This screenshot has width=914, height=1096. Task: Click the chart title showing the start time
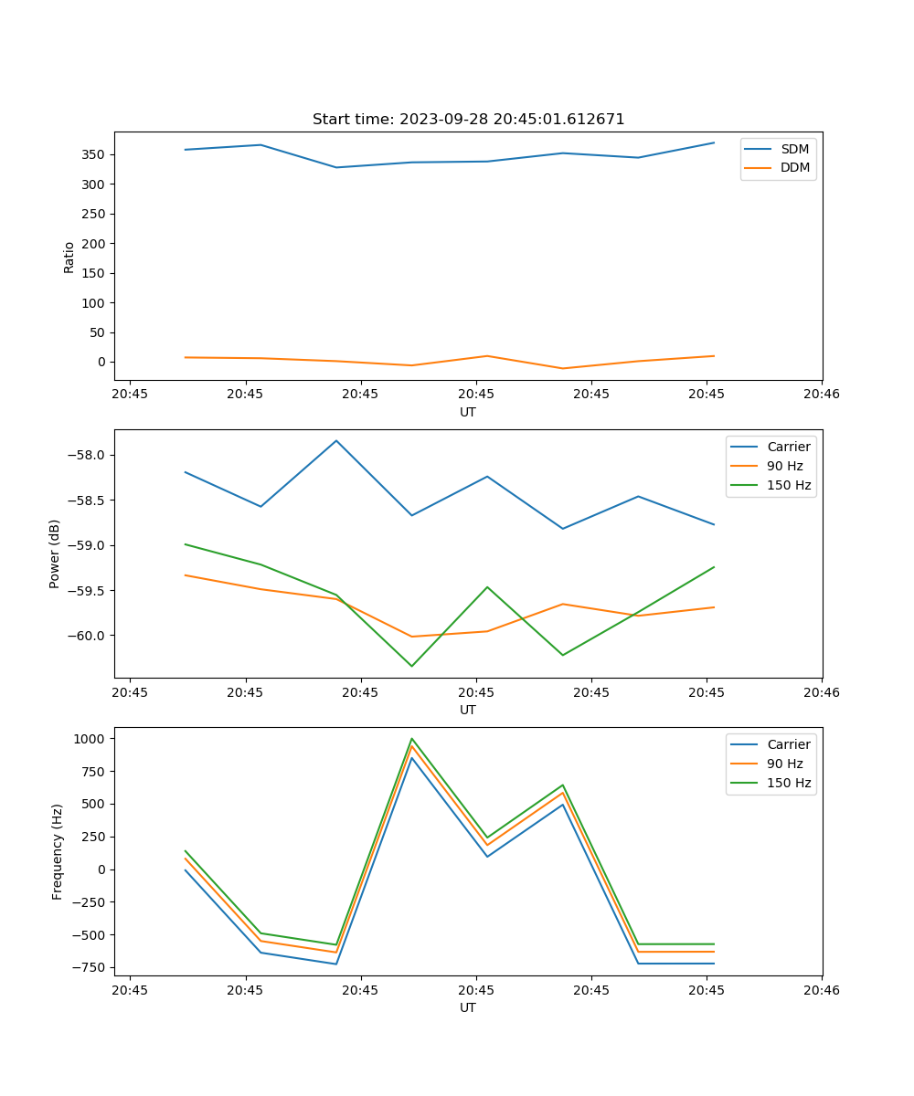468,120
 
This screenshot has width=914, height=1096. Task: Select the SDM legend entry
794,149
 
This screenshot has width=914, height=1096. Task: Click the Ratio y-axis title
69,257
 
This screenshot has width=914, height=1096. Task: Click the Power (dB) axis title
55,553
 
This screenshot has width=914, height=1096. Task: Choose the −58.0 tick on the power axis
88,456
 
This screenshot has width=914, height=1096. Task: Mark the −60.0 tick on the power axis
88,636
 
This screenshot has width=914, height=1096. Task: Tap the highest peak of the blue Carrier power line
336,441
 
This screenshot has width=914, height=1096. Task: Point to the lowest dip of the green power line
411,666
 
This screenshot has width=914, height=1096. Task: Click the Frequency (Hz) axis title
58,851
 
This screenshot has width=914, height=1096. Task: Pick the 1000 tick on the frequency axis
91,739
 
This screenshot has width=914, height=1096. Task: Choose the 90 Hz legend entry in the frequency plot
784,764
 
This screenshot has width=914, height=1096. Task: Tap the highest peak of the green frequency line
411,739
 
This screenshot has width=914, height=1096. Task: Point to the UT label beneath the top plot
468,412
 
